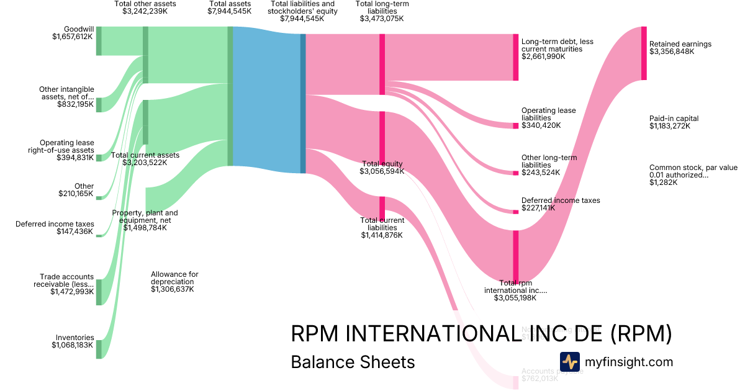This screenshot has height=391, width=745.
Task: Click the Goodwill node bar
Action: pos(98,41)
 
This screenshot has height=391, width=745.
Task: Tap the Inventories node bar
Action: pos(98,349)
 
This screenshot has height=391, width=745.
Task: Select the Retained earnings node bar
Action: pos(644,53)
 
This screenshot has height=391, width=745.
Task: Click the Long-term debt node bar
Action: pos(515,57)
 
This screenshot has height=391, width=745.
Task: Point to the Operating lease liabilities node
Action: pos(515,126)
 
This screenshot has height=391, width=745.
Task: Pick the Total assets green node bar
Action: pos(230,96)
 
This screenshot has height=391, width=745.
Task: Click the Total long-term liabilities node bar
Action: pos(382,64)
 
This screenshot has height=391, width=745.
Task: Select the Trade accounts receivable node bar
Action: pos(98,292)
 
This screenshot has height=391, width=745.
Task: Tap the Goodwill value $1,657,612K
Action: pos(73,37)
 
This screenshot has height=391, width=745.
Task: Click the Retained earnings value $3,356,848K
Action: pos(672,52)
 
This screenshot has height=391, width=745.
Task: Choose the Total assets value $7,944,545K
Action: pos(230,11)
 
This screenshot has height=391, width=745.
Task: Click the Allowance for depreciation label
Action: pos(174,277)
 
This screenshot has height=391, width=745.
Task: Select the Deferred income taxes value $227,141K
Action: pos(538,208)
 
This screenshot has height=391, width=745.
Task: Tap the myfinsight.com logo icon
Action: pos(569,361)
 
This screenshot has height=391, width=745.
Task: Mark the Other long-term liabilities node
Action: pos(515,173)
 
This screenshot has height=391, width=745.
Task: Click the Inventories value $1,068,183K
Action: pos(73,345)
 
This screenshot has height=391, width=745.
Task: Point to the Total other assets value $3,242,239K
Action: pos(145,11)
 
